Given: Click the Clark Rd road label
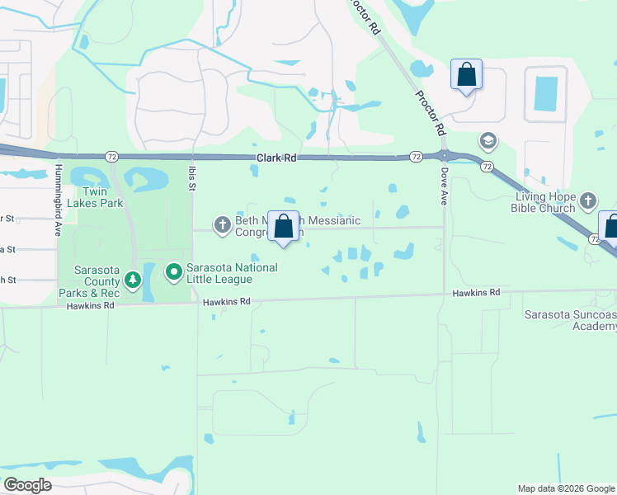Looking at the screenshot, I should (x=276, y=158).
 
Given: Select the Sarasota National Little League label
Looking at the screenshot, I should (x=231, y=273).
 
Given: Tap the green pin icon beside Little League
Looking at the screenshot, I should (x=174, y=271).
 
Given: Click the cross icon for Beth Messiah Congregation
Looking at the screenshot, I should (x=222, y=224).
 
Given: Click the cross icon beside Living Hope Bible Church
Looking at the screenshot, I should (x=588, y=200).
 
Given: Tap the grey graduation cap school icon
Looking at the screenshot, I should (x=487, y=141).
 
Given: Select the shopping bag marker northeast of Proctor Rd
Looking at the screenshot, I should (x=466, y=74).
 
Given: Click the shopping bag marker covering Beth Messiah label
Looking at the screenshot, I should (x=283, y=226).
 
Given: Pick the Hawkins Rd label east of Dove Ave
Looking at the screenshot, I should (x=476, y=293).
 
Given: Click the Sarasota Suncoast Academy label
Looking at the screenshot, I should (x=571, y=320).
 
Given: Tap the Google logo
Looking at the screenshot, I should (x=27, y=485).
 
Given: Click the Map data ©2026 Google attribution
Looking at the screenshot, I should (x=565, y=488).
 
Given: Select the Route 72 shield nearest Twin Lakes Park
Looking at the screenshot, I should (x=111, y=156).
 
